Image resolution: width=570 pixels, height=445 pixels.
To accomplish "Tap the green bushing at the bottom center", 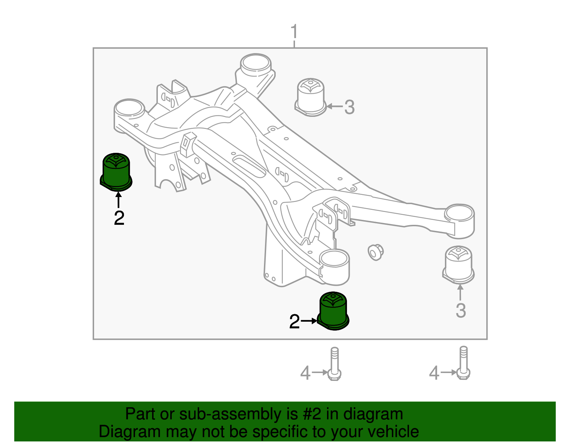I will pyautogui.click(x=333, y=311).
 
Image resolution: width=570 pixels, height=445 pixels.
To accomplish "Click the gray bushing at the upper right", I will pyautogui.click(x=311, y=97).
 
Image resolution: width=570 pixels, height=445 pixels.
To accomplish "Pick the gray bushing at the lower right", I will pyautogui.click(x=458, y=265).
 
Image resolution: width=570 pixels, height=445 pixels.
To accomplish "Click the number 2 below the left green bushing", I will pyautogui.click(x=119, y=218).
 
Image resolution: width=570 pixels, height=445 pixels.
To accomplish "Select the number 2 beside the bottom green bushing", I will pyautogui.click(x=294, y=322).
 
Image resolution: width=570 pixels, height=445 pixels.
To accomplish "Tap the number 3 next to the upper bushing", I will pyautogui.click(x=349, y=107).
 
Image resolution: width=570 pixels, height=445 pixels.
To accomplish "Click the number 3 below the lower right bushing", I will pyautogui.click(x=461, y=311).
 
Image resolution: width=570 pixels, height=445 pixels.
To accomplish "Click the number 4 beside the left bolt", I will pyautogui.click(x=305, y=373).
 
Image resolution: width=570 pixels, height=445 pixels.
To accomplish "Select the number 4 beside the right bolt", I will pyautogui.click(x=434, y=373).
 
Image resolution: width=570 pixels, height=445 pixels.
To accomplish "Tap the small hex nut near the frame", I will pyautogui.click(x=375, y=252).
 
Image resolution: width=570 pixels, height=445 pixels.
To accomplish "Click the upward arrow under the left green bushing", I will pyautogui.click(x=118, y=200).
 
